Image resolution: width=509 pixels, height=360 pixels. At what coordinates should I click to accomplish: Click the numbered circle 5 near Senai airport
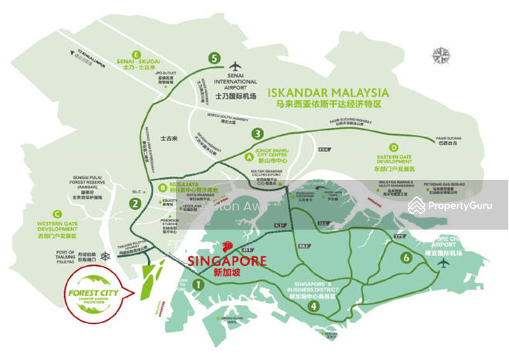click(x=215, y=58)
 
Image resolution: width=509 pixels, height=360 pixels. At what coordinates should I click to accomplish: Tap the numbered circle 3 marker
click(x=257, y=134)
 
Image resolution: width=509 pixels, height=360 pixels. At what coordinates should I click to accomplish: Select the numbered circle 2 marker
click(x=135, y=204)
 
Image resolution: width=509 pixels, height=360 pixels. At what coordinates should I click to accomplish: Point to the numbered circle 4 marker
click(x=313, y=306)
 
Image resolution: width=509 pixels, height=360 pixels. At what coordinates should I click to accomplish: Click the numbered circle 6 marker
click(x=406, y=258)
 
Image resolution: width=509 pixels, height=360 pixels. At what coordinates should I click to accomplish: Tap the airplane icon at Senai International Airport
click(x=235, y=66)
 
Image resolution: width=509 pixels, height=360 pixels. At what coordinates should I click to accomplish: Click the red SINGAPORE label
click(x=227, y=260)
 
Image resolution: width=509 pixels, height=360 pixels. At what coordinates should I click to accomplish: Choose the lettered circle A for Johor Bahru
click(x=249, y=155)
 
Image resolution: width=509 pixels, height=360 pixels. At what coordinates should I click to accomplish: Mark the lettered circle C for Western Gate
click(x=57, y=214)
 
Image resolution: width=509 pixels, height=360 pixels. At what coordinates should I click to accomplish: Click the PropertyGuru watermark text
click(x=459, y=205)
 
